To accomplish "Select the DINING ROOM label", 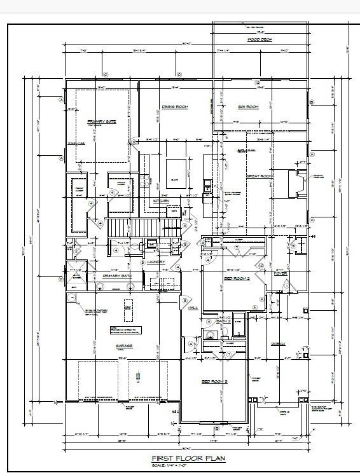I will [x=172, y=107].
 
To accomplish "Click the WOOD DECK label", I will [x=260, y=40].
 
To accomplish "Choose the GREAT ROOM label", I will [x=260, y=176].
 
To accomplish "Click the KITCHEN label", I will [x=161, y=202].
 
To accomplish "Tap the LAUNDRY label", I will [x=156, y=262].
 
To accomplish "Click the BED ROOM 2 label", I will [x=235, y=278].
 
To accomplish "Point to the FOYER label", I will [x=280, y=273].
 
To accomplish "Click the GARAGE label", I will [x=124, y=346].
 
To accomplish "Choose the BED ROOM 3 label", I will [x=214, y=381].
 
